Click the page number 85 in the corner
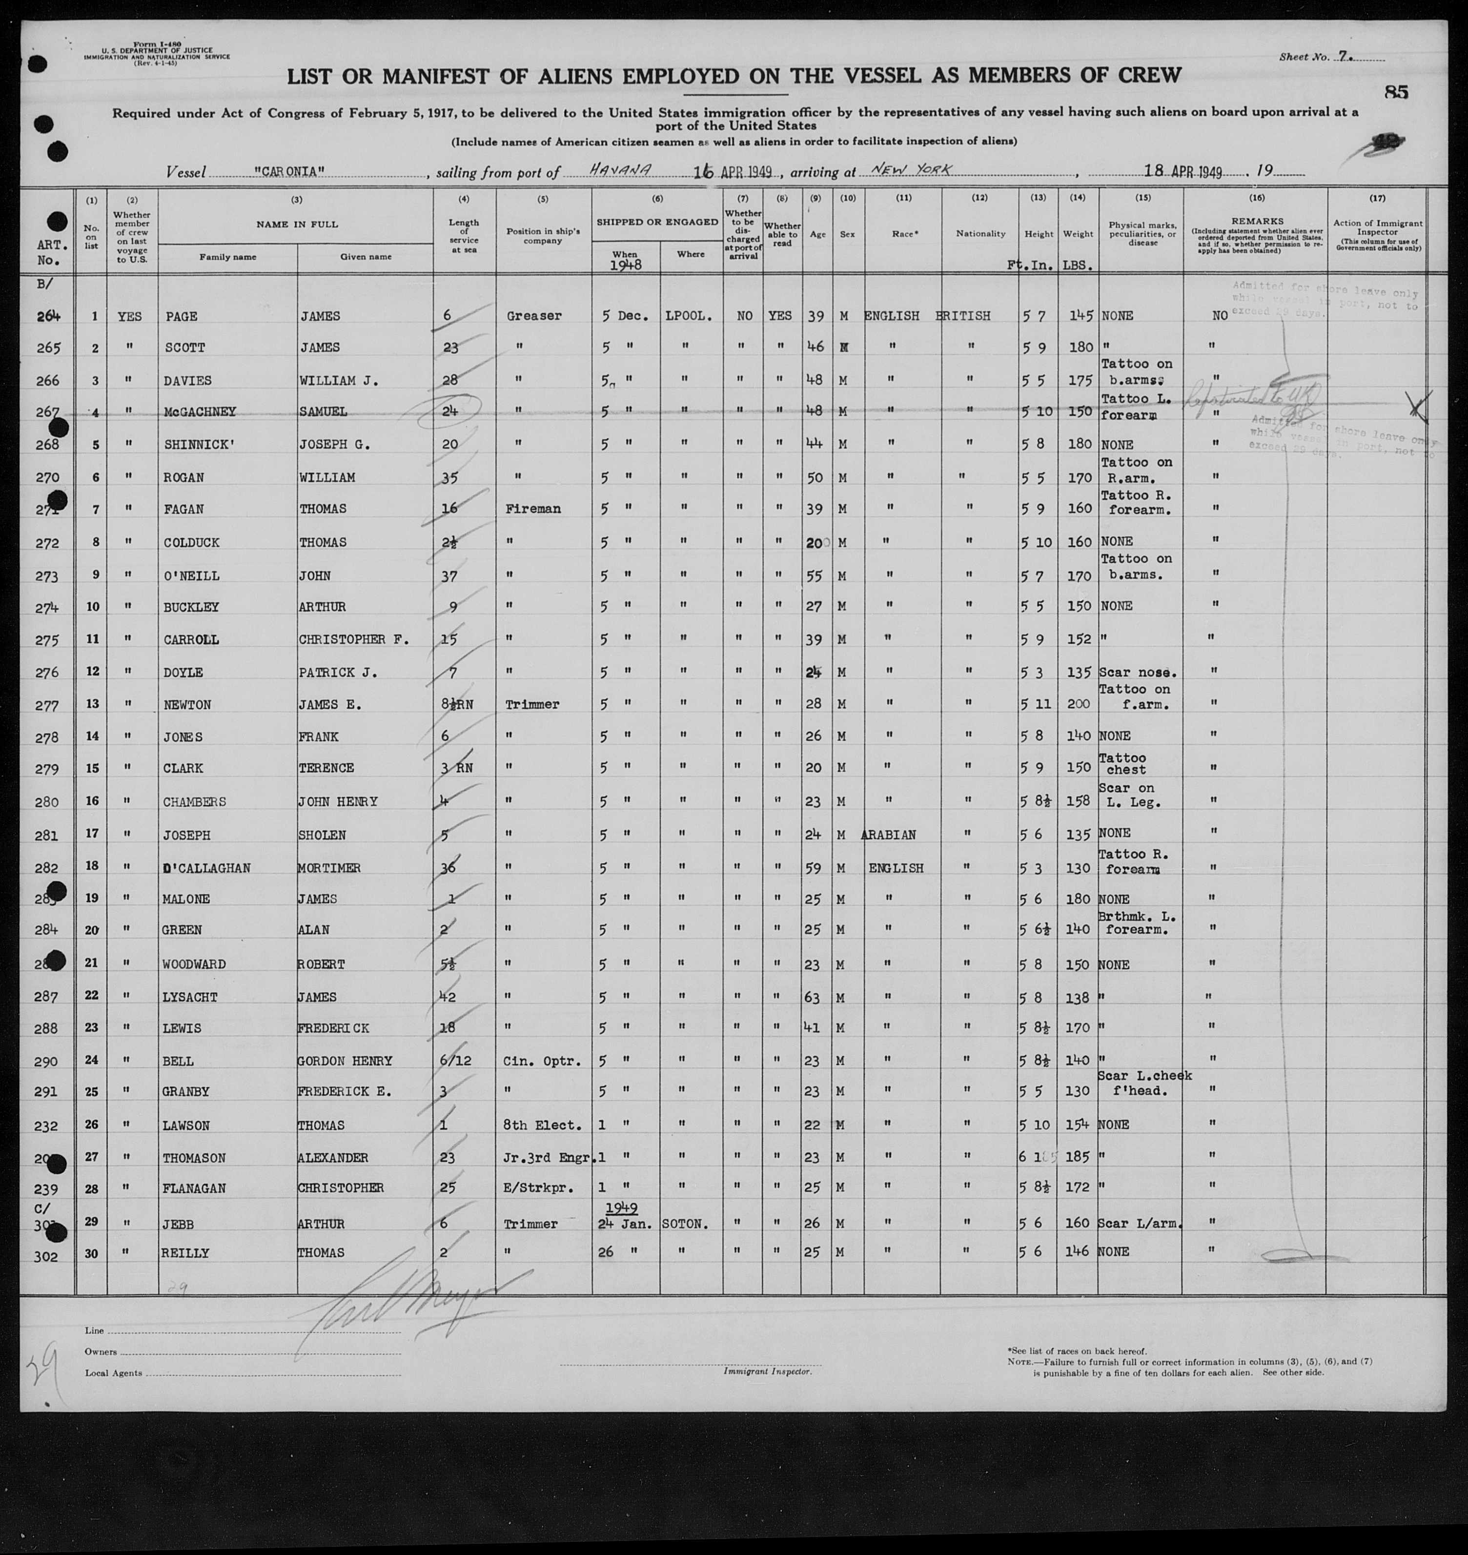coord(1395,92)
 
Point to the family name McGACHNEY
coord(200,411)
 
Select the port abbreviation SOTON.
coord(686,1223)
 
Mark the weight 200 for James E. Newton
coord(1079,704)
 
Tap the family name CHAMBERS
coord(194,801)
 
